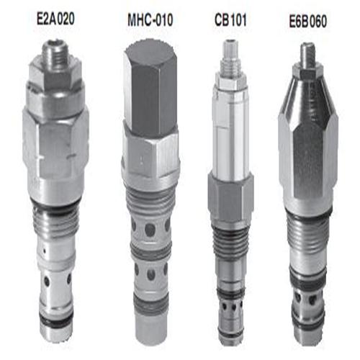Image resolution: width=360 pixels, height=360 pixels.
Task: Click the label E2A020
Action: coord(55,19)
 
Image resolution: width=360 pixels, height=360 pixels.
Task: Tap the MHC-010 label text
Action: coord(150,19)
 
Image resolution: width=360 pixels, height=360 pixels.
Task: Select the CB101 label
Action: coord(230,19)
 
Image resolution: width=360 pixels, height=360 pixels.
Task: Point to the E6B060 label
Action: coord(308,21)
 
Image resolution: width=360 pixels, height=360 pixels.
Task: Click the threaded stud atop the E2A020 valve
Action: coord(54,53)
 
